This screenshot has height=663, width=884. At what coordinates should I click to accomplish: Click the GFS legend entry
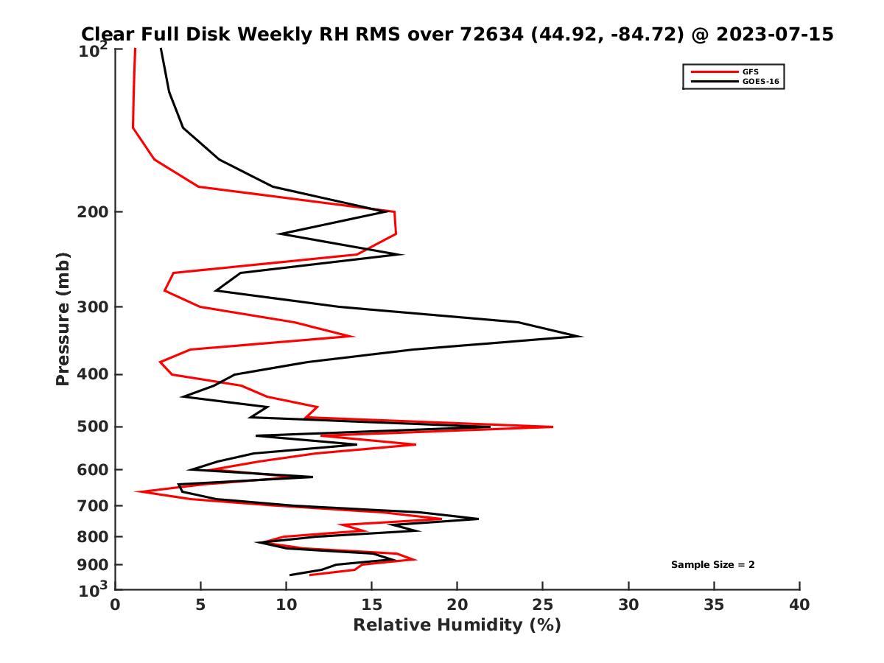[x=748, y=71]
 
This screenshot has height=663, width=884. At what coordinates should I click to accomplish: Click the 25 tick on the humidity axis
[x=543, y=605]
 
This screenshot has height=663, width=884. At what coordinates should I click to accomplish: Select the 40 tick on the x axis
[x=799, y=605]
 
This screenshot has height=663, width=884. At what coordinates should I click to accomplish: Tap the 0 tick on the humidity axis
[x=115, y=605]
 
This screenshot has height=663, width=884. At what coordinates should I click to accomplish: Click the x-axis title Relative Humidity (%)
[x=457, y=625]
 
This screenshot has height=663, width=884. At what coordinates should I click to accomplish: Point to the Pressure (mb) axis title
[x=63, y=318]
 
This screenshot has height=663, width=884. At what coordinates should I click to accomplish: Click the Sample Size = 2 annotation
[x=712, y=565]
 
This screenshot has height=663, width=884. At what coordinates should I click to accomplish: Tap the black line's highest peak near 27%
[x=582, y=337]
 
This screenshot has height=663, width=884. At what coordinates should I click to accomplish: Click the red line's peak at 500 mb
[x=552, y=427]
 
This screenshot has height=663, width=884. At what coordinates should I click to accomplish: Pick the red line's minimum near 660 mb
[x=136, y=491]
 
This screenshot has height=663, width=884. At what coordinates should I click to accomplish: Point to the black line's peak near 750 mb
[x=477, y=519]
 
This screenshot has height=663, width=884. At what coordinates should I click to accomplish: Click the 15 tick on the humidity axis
[x=371, y=605]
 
